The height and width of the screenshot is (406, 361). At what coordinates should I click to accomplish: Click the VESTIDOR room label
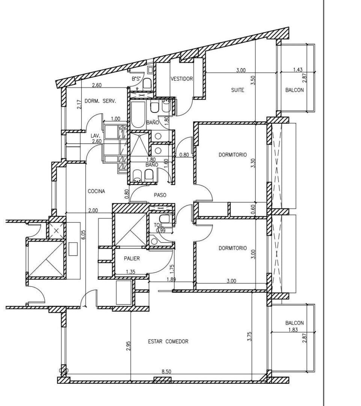[182, 79]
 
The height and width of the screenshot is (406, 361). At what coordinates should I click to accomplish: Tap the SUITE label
[237, 90]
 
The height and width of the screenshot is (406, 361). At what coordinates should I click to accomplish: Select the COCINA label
[96, 191]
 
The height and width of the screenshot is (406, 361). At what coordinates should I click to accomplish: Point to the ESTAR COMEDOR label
[168, 341]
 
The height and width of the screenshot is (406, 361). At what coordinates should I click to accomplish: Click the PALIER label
[132, 258]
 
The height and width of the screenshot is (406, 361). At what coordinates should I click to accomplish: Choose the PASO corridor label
[160, 195]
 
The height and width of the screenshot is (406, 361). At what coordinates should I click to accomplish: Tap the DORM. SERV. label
[100, 101]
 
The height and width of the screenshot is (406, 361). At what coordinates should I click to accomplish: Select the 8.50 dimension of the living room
[166, 371]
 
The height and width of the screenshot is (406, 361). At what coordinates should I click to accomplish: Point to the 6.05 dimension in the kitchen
[83, 235]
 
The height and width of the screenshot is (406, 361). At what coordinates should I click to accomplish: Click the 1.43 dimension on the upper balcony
[298, 70]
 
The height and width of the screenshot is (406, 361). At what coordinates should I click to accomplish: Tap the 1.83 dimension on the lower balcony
[293, 330]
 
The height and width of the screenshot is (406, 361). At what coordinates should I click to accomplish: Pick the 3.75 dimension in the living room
[249, 336]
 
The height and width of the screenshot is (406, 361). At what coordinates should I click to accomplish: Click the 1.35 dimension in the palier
[130, 272]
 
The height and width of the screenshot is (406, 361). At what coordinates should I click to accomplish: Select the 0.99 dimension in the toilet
[160, 230]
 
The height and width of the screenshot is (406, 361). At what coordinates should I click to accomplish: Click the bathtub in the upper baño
[137, 114]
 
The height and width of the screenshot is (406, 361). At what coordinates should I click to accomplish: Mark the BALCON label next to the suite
[295, 90]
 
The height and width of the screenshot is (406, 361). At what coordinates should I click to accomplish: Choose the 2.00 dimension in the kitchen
[93, 210]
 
